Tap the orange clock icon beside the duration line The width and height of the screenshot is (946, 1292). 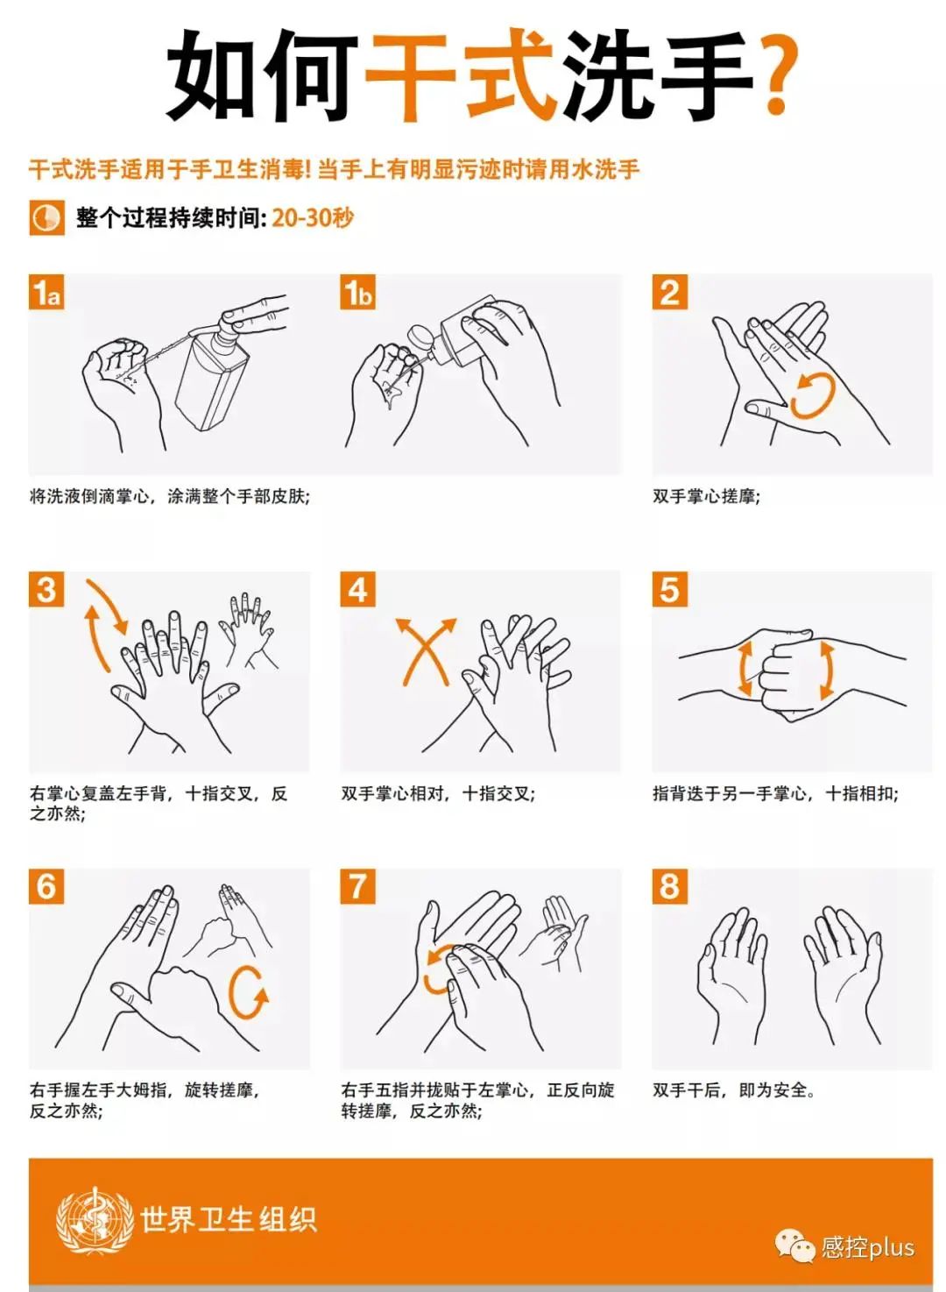[x=46, y=218]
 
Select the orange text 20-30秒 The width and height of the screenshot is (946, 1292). [x=313, y=218]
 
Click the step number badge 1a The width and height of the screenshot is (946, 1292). [x=46, y=293]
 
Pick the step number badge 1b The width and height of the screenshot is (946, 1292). [x=358, y=293]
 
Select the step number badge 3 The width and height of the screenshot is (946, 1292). [x=46, y=590]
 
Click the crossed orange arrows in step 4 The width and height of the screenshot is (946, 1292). [x=426, y=652]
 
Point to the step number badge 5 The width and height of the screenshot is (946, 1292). [x=670, y=590]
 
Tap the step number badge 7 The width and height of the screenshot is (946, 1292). [x=358, y=886]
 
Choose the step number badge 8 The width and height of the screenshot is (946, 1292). [x=670, y=886]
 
